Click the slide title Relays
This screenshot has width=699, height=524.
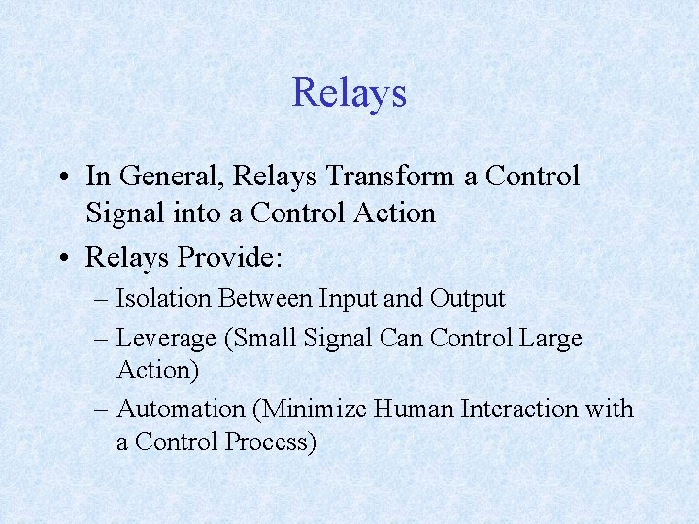coord(349,93)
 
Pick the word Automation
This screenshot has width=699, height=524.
coord(181,409)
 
